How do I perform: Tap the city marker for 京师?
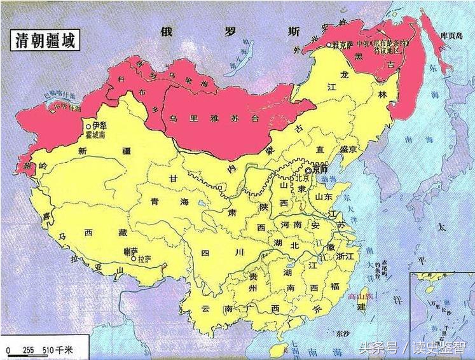point(308,170)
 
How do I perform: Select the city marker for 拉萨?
point(132,260)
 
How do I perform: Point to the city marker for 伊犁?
point(88,127)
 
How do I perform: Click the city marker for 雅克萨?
point(328,45)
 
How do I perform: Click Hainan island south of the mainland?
point(278,350)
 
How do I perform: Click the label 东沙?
point(342,334)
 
